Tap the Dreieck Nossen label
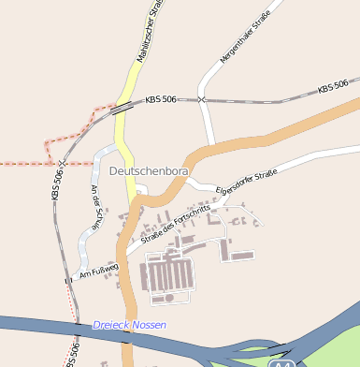pos(129,325)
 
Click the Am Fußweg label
pos(100,270)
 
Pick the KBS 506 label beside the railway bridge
pos(161,98)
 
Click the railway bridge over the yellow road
pos(121,109)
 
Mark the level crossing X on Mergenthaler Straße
pos(201,98)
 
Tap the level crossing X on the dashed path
pos(61,162)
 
